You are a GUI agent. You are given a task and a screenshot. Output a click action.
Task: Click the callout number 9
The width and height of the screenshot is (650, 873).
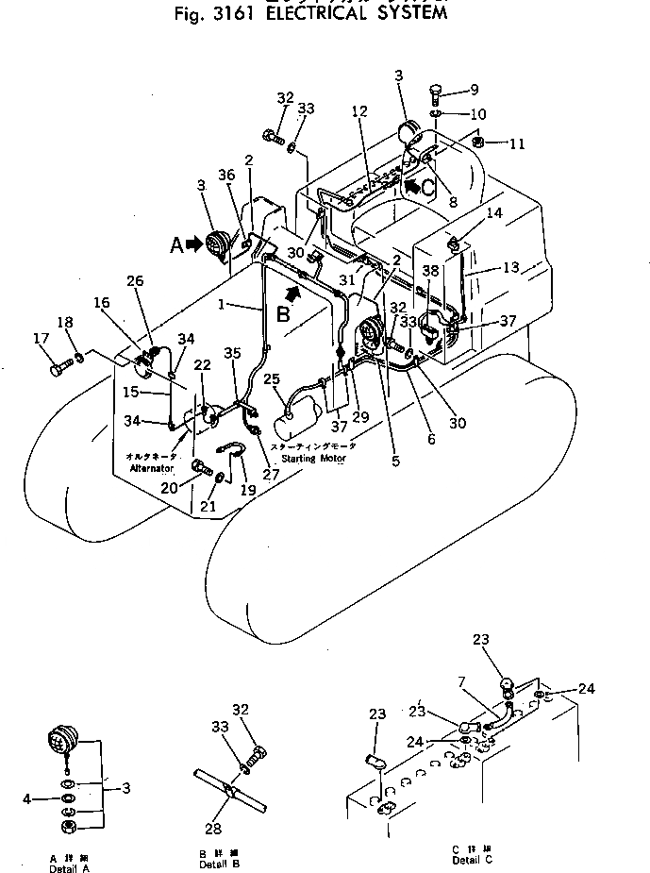[x=475, y=91]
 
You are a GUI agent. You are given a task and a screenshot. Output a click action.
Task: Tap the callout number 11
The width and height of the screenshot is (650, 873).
[x=516, y=143]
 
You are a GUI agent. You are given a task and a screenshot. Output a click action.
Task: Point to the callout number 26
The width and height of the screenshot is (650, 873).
[x=136, y=280]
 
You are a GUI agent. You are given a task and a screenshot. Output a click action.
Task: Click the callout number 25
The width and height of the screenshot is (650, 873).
[x=273, y=379]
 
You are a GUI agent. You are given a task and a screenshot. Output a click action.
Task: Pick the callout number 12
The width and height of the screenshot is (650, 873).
[x=358, y=110]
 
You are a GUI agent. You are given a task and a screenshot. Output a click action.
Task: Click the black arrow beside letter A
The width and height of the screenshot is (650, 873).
[x=193, y=244]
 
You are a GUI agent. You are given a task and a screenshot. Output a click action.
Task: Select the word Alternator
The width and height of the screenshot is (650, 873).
[x=147, y=466]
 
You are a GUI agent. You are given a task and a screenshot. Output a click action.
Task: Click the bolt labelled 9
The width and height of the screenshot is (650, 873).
[x=436, y=92]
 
